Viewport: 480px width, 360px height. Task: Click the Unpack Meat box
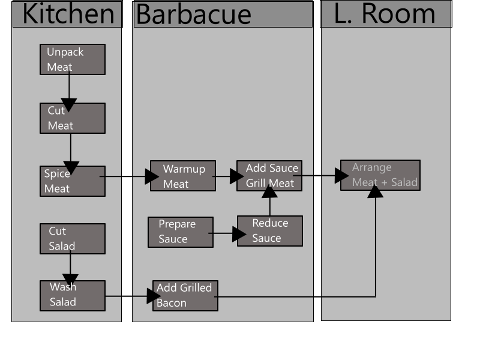point(73,59)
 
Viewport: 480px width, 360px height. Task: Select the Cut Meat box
point(73,119)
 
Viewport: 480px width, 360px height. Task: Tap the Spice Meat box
point(73,181)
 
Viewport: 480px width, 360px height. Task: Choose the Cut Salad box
point(73,239)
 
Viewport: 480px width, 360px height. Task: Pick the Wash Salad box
point(73,296)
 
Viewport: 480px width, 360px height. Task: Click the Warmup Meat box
point(183,176)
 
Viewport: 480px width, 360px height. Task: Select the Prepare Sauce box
point(181,232)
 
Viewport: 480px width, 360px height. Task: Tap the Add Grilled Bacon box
point(185,296)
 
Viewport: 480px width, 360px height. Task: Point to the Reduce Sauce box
point(270,231)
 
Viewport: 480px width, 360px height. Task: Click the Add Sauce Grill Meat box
point(269,176)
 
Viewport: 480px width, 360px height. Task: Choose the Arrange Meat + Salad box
point(380,175)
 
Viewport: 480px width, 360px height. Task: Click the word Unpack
point(65,52)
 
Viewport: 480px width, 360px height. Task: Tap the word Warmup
point(184,169)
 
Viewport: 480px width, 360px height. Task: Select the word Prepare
point(177,224)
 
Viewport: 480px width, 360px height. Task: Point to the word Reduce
point(270,223)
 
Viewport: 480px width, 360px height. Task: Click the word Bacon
point(172,303)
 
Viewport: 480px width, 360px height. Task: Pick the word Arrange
point(371,167)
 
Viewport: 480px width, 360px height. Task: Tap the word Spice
point(57,174)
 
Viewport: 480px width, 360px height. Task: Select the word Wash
point(63,287)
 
